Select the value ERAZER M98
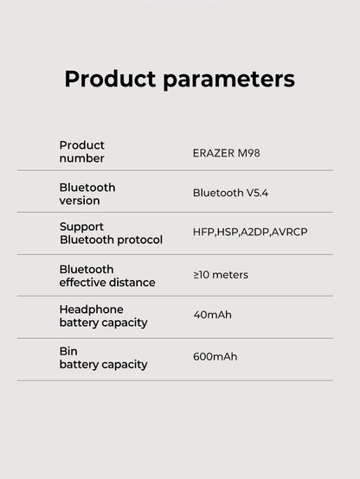click(x=226, y=152)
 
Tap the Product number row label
click(x=81, y=151)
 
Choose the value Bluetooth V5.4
click(x=230, y=193)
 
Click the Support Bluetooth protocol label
click(x=110, y=233)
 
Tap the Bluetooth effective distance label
click(x=106, y=275)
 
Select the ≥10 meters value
click(x=221, y=275)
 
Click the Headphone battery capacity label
click(x=103, y=316)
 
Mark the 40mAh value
click(x=212, y=315)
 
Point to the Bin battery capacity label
click(x=103, y=357)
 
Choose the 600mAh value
click(x=215, y=356)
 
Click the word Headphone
click(x=91, y=309)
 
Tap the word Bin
click(x=68, y=350)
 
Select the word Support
click(x=81, y=226)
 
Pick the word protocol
click(x=138, y=239)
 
